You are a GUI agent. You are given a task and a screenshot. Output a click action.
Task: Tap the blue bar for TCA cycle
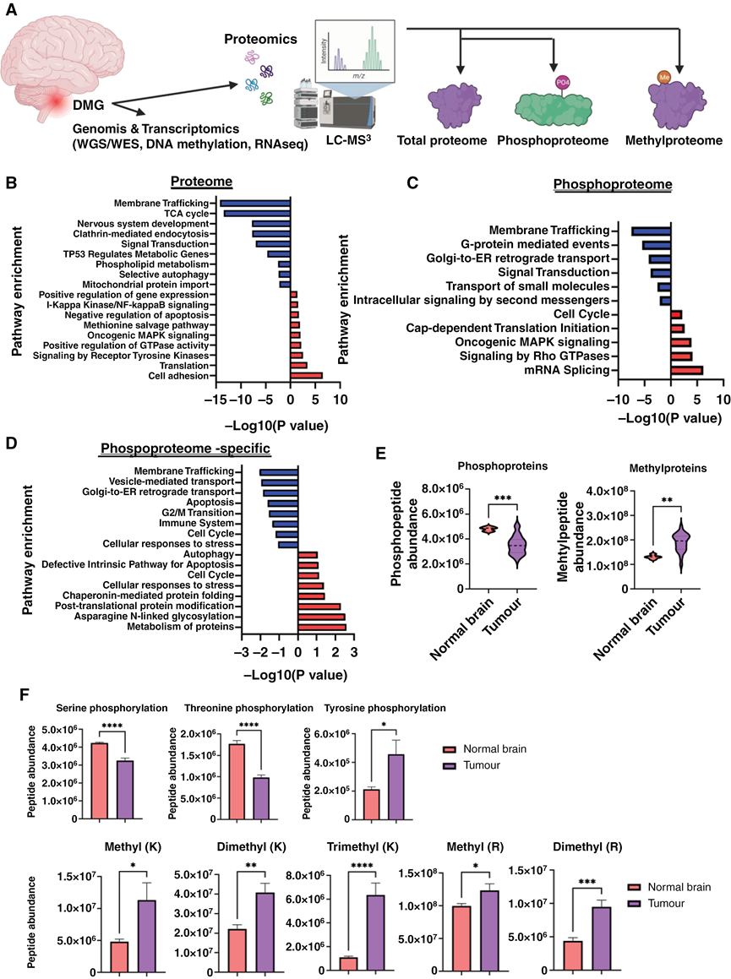point(256,213)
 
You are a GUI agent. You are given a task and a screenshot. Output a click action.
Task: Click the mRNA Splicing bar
point(686,370)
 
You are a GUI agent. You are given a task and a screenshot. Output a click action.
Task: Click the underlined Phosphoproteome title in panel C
point(612,185)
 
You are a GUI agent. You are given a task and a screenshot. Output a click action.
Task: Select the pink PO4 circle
point(563,81)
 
